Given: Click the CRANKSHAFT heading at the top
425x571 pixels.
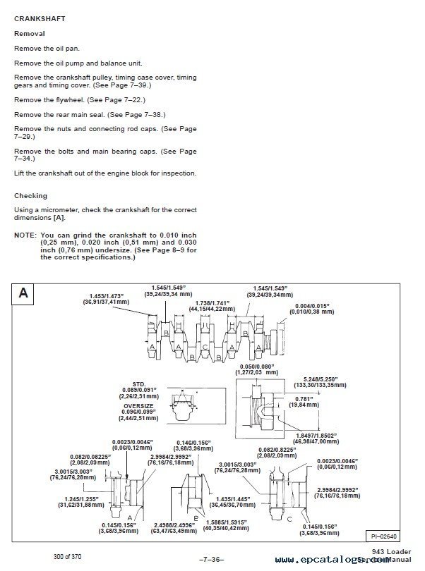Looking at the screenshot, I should [x=40, y=19].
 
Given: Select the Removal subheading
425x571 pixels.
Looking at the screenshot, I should [x=30, y=33].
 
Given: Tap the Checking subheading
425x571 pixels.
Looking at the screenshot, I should [x=30, y=196].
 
